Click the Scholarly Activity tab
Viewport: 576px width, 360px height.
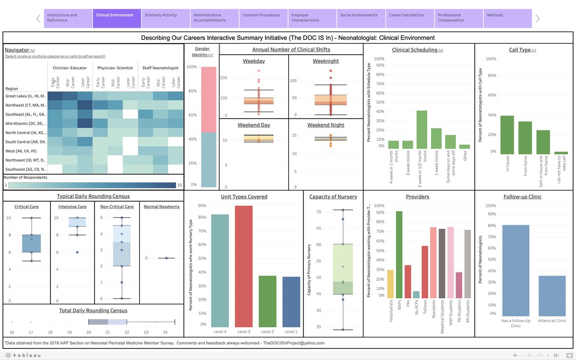tap(166, 18)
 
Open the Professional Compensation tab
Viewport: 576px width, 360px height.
tap(459, 18)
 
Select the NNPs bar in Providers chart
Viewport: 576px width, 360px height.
tap(399, 254)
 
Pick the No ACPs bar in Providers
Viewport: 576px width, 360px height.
tap(416, 295)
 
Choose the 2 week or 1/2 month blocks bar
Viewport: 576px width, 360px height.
tap(422, 130)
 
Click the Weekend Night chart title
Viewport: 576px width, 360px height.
tap(326, 125)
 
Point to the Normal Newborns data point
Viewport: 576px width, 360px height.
tap(166, 258)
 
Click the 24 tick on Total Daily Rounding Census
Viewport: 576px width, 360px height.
tap(165, 332)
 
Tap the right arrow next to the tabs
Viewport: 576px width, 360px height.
tap(538, 19)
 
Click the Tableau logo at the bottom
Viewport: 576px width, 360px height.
tap(24, 355)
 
